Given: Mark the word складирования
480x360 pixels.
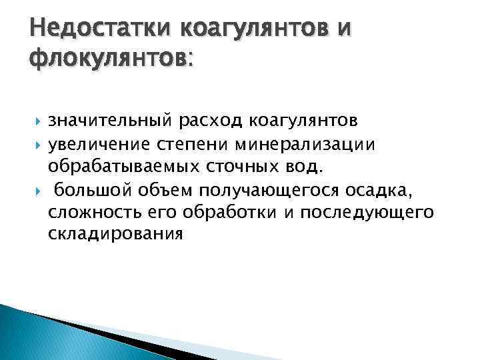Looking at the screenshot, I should coord(114,235).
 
